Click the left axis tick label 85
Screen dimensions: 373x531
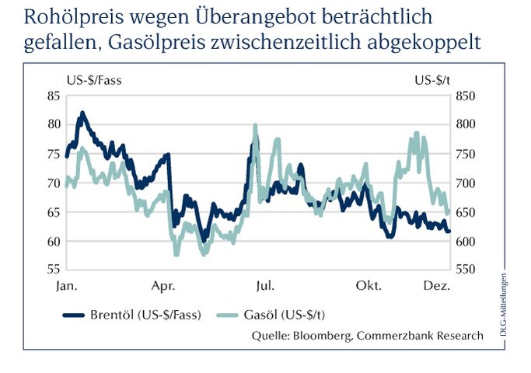[x=54, y=96]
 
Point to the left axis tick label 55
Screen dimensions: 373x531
[x=54, y=270]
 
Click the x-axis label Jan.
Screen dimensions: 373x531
[x=67, y=286]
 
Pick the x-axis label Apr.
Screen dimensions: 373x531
[x=162, y=286]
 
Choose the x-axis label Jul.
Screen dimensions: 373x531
[x=264, y=286]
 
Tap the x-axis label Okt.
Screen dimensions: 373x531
[x=368, y=286]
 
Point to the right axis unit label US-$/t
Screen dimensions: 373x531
[x=432, y=79]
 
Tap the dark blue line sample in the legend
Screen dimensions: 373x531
[x=82, y=315]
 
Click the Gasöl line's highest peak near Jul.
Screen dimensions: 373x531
[x=255, y=125]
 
